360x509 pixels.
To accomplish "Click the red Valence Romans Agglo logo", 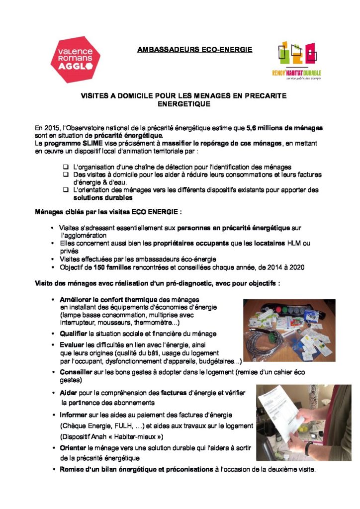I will click(76, 59).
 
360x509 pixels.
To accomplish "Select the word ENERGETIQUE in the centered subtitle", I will click(183, 104).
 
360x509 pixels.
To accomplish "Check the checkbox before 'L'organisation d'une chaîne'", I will click(66, 167).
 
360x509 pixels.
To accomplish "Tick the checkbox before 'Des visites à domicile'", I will click(66, 174).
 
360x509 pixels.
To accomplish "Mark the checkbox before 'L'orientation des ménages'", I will click(66, 189).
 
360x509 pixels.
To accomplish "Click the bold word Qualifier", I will click(74, 333).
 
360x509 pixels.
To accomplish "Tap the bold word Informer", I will click(74, 415).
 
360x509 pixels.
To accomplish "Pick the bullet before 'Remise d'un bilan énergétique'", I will click(54, 469).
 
